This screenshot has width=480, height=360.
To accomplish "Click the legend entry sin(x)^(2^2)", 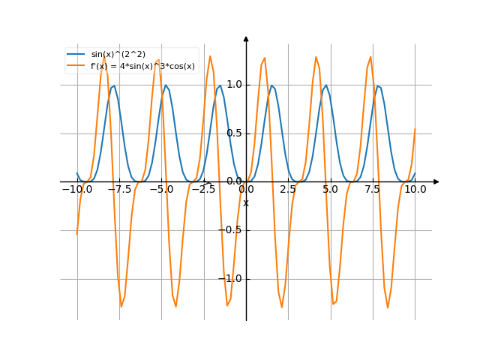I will pyautogui.click(x=118, y=54).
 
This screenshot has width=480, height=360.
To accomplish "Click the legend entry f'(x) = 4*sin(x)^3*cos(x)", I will pyautogui.click(x=142, y=66).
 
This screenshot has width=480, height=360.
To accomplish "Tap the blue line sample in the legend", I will pyautogui.click(x=76, y=54).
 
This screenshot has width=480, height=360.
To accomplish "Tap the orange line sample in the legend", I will pyautogui.click(x=76, y=66).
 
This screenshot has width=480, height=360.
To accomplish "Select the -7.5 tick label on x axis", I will pyautogui.click(x=119, y=190).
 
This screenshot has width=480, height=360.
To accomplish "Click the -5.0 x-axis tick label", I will pyautogui.click(x=161, y=190).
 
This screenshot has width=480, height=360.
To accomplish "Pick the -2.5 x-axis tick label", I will pyautogui.click(x=203, y=190).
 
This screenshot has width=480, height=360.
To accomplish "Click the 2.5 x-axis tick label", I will pyautogui.click(x=288, y=190).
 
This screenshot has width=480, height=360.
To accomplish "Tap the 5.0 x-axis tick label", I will pyautogui.click(x=330, y=190).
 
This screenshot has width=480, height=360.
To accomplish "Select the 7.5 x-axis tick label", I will pyautogui.click(x=373, y=190).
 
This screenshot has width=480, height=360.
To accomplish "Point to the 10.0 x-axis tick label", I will pyautogui.click(x=415, y=190).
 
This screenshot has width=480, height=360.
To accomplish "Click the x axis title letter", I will pyautogui.click(x=245, y=202).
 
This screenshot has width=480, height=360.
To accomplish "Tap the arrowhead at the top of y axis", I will pyautogui.click(x=246, y=38).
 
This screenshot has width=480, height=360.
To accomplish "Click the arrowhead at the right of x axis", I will pyautogui.click(x=436, y=181).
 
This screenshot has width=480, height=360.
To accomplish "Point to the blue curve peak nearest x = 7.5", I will pyautogui.click(x=379, y=85).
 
